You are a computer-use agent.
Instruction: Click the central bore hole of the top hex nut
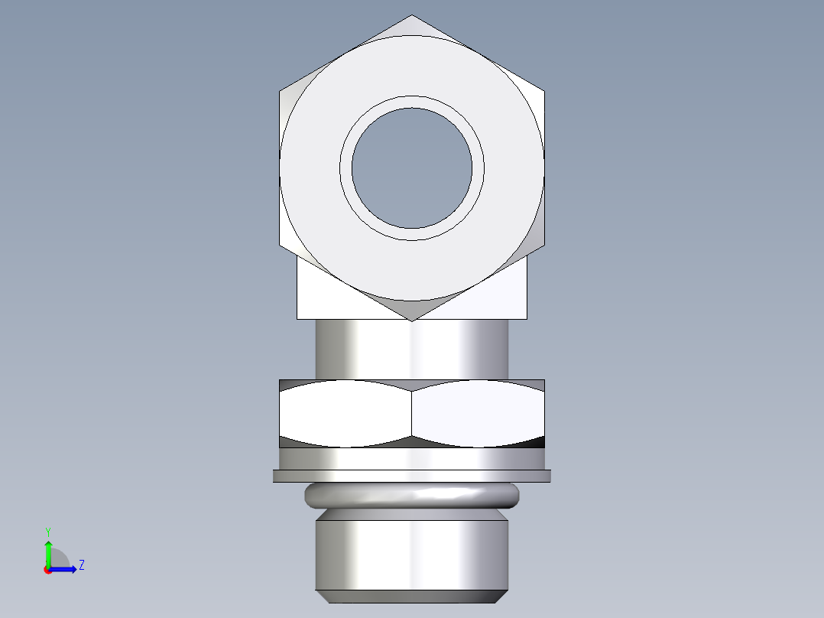[412, 168]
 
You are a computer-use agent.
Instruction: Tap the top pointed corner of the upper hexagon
[412, 16]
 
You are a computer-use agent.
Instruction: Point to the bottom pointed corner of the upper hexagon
[412, 320]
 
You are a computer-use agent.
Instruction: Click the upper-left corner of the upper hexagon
[281, 91]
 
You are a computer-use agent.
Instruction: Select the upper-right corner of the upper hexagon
[544, 91]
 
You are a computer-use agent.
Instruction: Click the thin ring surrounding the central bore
[412, 102]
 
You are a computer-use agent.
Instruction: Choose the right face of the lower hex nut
[478, 413]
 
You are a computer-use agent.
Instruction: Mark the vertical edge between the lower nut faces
[412, 413]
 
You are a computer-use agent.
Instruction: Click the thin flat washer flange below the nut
[412, 476]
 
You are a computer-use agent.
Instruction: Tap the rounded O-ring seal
[412, 496]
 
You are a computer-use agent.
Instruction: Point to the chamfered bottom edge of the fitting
[412, 596]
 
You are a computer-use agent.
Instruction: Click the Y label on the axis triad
[48, 531]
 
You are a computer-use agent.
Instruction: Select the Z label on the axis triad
[81, 565]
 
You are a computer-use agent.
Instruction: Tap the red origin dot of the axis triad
[48, 569]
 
